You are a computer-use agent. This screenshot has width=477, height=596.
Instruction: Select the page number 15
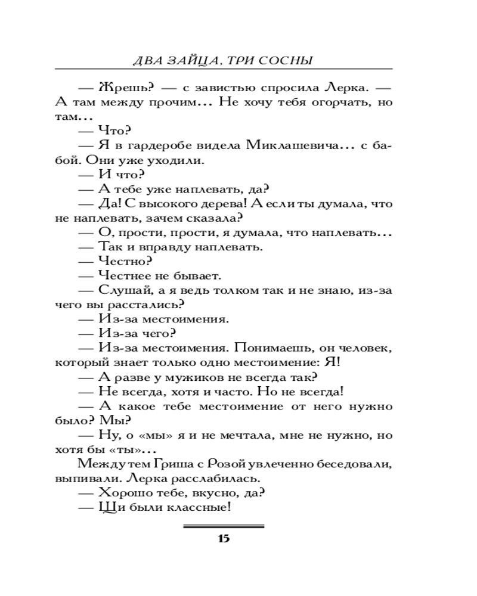pos(224,539)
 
